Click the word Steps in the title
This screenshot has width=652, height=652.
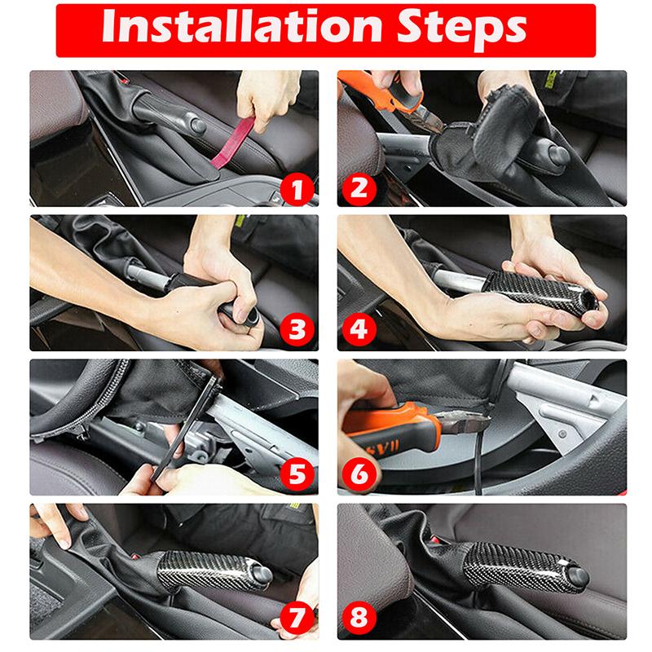pyautogui.click(x=461, y=31)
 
